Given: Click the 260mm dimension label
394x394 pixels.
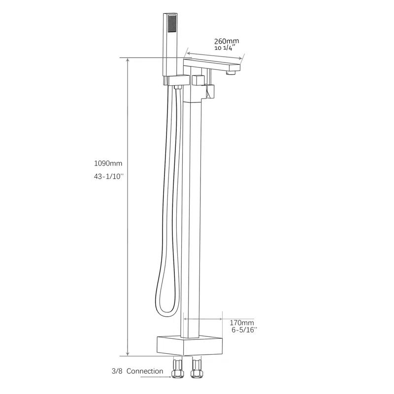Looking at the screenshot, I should click(226, 41).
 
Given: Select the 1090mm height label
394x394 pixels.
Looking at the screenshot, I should click(108, 163).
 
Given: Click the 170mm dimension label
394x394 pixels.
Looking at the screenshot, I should click(242, 323).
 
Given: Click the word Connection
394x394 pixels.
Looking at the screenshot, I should click(145, 371).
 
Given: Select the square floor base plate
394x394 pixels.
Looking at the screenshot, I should click(189, 344).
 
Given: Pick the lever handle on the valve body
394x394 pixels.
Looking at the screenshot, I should click(210, 92).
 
